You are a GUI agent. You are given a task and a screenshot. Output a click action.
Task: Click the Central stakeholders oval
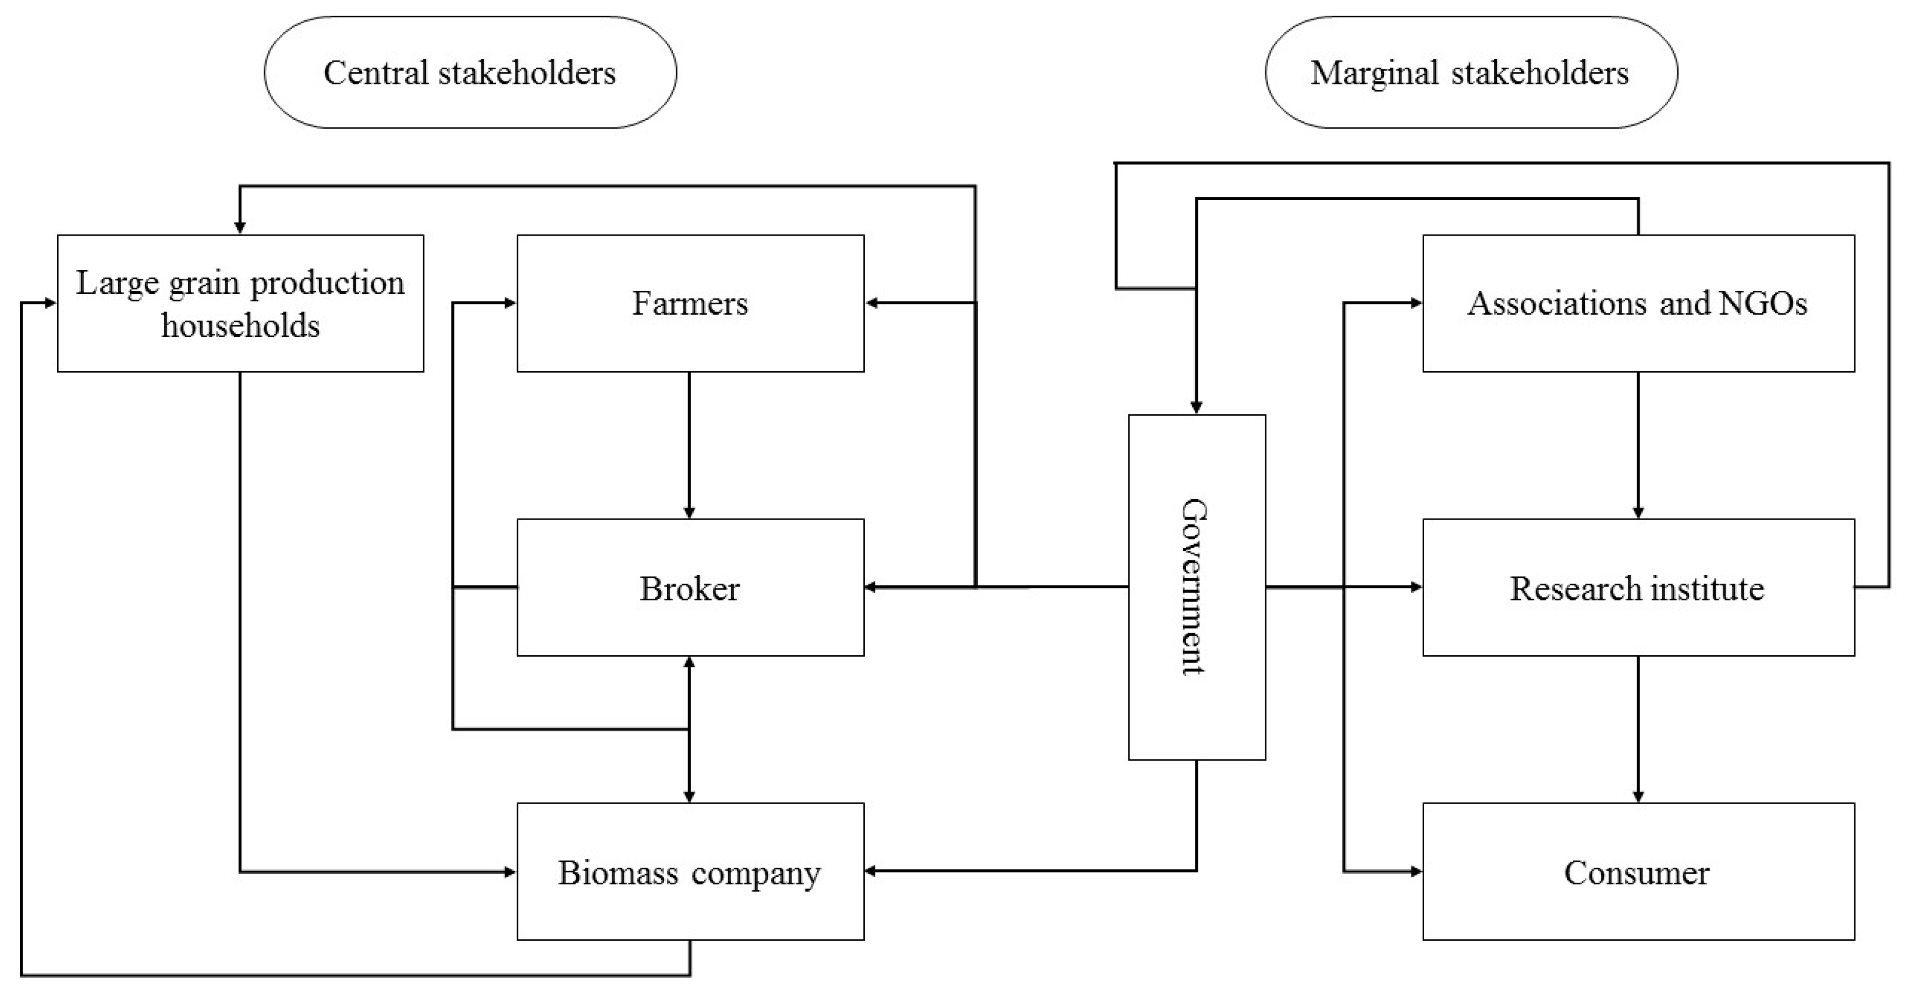(x=470, y=73)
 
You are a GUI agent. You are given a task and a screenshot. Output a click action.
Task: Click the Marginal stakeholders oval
(x=1470, y=73)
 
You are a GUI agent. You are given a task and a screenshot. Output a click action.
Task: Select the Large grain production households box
(x=240, y=303)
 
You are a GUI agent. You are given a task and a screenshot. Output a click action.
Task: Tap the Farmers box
(x=690, y=303)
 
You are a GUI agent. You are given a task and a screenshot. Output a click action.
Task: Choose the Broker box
(x=690, y=588)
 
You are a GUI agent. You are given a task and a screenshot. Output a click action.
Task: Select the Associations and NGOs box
(x=1638, y=303)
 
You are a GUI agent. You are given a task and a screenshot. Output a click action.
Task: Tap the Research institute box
(x=1638, y=588)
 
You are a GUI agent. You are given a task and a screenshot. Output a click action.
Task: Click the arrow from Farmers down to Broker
(x=689, y=445)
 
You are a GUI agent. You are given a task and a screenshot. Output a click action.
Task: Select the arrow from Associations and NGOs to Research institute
(x=1638, y=445)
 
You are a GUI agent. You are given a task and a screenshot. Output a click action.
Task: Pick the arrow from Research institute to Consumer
(x=1638, y=729)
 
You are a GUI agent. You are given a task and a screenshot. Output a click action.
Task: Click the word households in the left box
(x=241, y=326)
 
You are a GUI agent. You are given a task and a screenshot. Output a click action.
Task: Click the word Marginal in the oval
(x=1374, y=73)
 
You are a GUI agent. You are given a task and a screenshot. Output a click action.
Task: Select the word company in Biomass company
(x=756, y=873)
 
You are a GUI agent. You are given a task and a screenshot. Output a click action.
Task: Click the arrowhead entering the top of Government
(x=1196, y=407)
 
